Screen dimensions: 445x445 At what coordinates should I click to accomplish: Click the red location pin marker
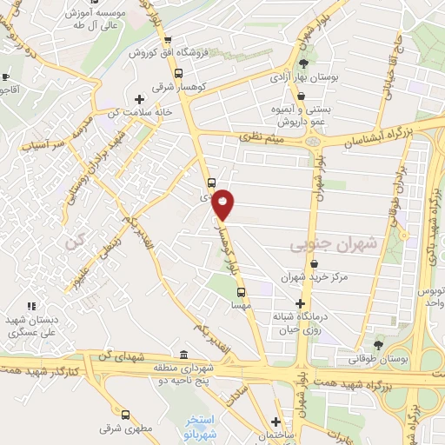[223, 203]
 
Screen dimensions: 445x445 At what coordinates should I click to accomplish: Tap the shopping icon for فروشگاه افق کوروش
[169, 40]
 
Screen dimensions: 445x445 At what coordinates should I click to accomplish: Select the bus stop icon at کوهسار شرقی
[178, 74]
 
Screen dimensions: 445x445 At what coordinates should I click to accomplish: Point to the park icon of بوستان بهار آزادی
[302, 64]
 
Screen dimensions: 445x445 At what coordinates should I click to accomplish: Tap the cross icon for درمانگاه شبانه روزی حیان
[301, 304]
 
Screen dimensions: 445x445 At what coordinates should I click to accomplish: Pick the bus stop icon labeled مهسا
[241, 293]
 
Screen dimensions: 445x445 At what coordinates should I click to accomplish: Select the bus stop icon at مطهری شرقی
[126, 415]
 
